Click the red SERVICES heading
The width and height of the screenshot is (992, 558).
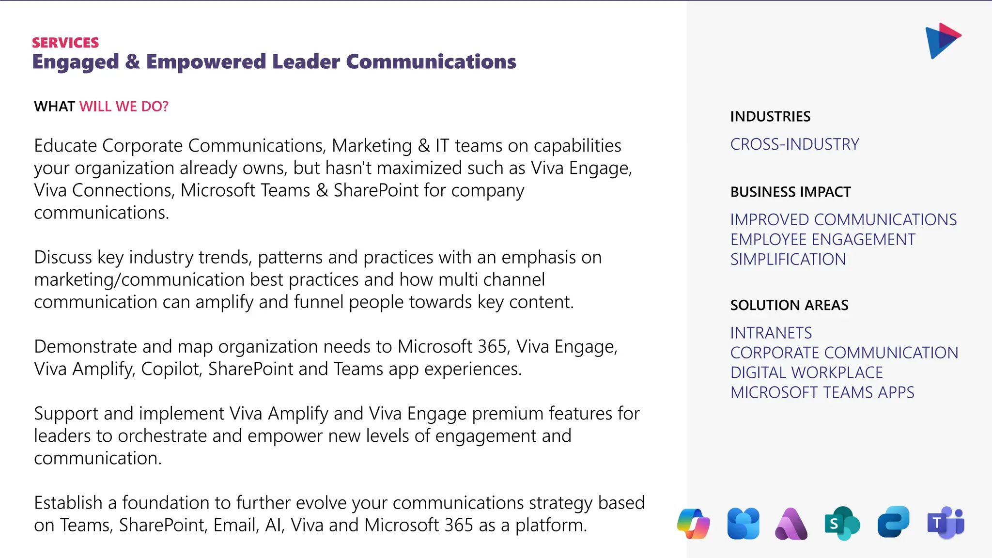tap(65, 43)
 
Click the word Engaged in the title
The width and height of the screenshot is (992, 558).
tap(76, 62)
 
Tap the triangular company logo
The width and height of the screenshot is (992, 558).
tap(942, 41)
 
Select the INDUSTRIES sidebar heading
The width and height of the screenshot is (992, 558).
tap(770, 117)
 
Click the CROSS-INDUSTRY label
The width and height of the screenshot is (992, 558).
tap(794, 144)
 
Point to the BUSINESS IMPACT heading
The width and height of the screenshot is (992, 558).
tap(790, 192)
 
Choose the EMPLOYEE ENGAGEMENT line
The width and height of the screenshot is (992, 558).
tap(822, 240)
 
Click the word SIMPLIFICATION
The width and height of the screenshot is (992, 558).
tap(788, 260)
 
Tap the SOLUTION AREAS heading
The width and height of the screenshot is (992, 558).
tap(789, 305)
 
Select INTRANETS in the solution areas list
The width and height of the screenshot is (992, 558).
tap(771, 333)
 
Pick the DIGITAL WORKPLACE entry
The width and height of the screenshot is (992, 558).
tap(806, 373)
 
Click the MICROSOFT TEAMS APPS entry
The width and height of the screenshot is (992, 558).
tap(822, 393)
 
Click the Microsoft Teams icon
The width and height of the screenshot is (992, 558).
tap(945, 523)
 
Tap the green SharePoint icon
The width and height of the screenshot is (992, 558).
tap(842, 523)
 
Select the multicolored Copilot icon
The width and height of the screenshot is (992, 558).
tap(694, 524)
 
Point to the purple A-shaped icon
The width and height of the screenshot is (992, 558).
tap(791, 524)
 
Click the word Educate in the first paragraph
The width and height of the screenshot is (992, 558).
tap(65, 146)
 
